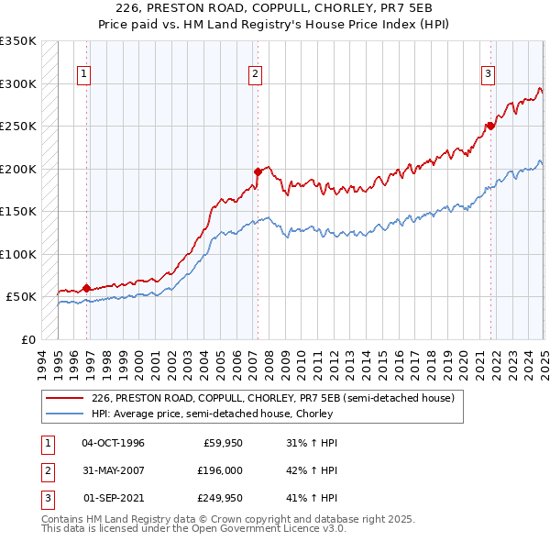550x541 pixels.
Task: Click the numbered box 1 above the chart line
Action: pyautogui.click(x=83, y=75)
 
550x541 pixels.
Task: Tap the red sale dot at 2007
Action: pyautogui.click(x=258, y=171)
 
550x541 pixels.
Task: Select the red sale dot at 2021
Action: pyautogui.click(x=490, y=126)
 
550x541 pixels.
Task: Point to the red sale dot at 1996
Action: pyautogui.click(x=87, y=288)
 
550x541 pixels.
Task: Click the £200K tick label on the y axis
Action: pyautogui.click(x=18, y=169)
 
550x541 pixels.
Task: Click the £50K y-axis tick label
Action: pyautogui.click(x=22, y=297)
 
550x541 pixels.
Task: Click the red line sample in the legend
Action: pyautogui.click(x=65, y=399)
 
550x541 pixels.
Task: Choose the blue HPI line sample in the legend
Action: pyautogui.click(x=65, y=414)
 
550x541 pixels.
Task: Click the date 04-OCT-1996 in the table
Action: pyautogui.click(x=113, y=443)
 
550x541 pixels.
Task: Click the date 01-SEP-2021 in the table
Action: pyautogui.click(x=114, y=500)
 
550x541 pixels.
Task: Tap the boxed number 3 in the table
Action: pyautogui.click(x=46, y=500)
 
